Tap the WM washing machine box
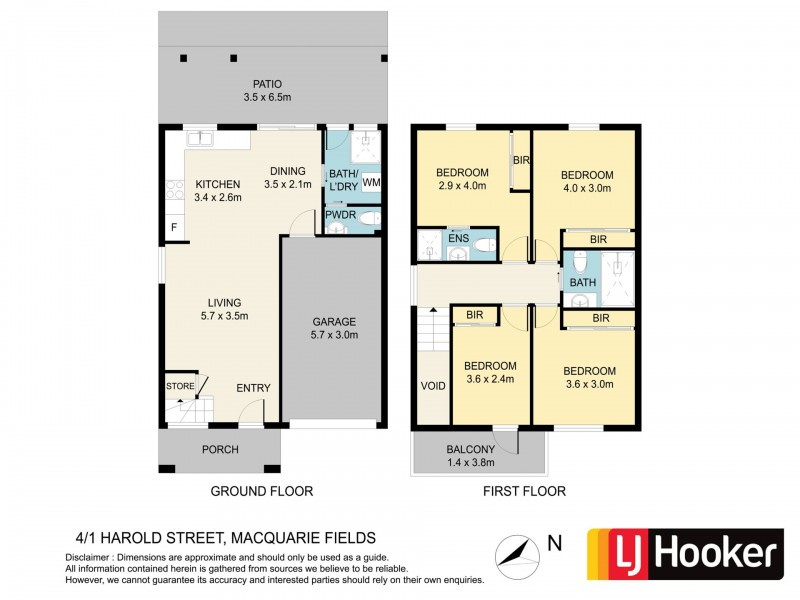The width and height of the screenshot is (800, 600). [x=370, y=183]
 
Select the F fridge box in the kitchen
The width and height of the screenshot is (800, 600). [x=173, y=228]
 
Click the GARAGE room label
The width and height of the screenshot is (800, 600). [x=333, y=322]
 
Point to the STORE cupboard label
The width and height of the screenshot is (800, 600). [x=180, y=386]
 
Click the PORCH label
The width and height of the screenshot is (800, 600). [x=220, y=450]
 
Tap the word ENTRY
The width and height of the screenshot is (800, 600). [x=253, y=388]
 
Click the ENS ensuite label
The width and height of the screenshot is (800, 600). [x=457, y=238]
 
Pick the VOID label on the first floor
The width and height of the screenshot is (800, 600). [x=433, y=385]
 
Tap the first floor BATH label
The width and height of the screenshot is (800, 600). [x=581, y=283]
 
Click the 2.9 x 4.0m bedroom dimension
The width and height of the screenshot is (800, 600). [x=461, y=185]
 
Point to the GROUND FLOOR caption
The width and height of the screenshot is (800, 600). [x=261, y=491]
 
